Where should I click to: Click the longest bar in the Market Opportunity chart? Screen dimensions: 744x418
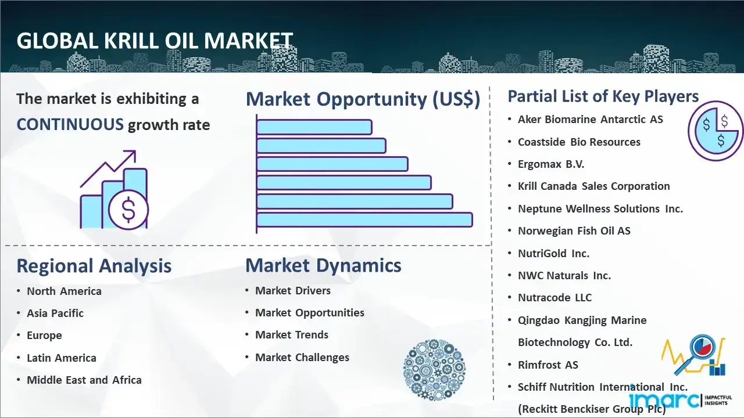[x=364, y=220]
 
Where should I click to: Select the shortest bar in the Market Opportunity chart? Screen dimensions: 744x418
[x=314, y=127]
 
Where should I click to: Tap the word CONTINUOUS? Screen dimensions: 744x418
[x=70, y=125]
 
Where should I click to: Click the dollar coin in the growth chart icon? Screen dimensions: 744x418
[x=128, y=210]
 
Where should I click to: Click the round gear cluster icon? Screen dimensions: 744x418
[x=434, y=370]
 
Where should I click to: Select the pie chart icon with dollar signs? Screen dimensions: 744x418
[x=716, y=131]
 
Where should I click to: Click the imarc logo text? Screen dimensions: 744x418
[x=664, y=400]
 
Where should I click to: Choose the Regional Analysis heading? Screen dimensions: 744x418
[x=94, y=266]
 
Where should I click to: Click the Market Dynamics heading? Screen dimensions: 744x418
[x=323, y=265]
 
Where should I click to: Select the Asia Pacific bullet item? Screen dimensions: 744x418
[x=55, y=313]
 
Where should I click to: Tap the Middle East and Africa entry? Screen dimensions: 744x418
[x=84, y=380]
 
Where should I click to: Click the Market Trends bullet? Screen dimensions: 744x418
[x=292, y=335]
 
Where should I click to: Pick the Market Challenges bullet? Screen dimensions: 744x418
[x=302, y=357]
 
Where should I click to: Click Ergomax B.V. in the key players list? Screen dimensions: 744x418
[x=551, y=164]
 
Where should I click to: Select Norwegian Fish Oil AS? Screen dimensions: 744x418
[x=574, y=231]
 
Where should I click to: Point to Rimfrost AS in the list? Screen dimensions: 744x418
[x=548, y=365]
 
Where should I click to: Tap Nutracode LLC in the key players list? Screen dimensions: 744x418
[x=555, y=298]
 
